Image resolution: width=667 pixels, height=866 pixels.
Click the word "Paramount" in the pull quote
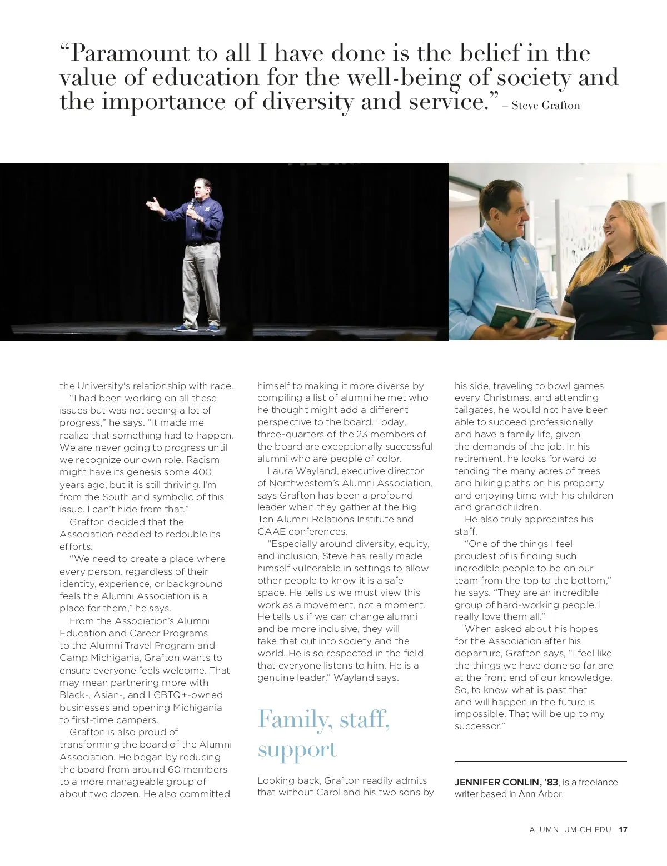coord(127,53)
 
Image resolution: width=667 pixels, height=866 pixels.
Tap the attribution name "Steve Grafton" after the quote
coord(545,105)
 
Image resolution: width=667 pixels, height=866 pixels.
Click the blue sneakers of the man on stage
coord(197,327)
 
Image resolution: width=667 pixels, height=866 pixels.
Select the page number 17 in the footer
coord(623,830)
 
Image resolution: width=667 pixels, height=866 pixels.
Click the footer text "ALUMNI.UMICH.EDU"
coord(570,830)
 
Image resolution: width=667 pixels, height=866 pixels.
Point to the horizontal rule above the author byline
coord(540,761)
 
